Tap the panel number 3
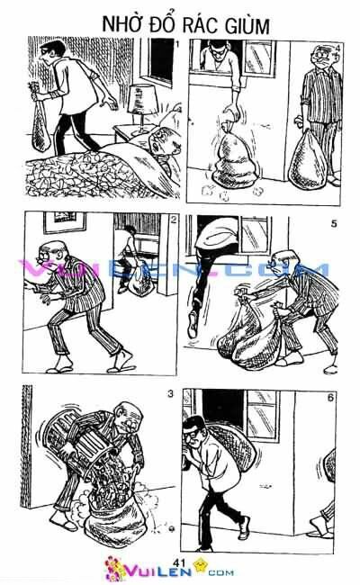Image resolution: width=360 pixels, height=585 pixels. pyautogui.click(x=170, y=394)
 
